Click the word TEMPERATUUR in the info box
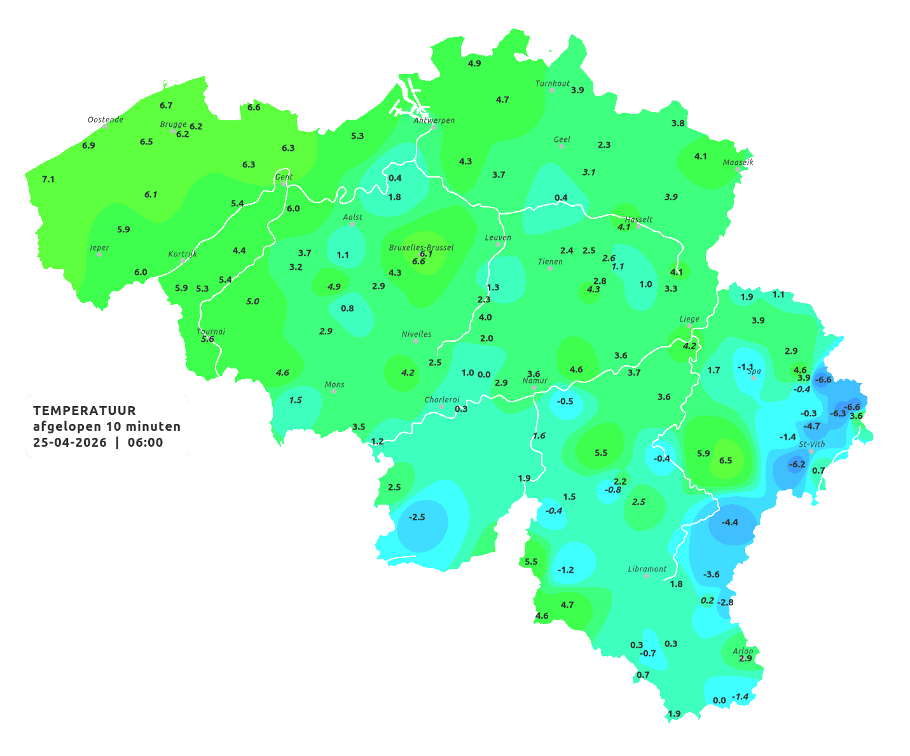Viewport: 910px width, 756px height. tap(85, 410)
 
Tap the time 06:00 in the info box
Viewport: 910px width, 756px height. tap(145, 442)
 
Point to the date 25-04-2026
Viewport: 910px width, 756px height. tap(70, 442)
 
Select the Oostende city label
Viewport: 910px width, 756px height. tap(105, 120)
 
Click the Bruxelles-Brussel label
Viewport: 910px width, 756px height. tap(421, 247)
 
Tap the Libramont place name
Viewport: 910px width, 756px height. tap(647, 569)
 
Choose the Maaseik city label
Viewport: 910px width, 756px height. tap(738, 162)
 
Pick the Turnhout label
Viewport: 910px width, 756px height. tap(553, 83)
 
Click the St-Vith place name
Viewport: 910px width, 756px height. tap(812, 444)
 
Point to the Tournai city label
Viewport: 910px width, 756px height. tap(211, 332)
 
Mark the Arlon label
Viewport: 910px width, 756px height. tap(743, 651)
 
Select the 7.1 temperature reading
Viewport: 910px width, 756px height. tap(48, 179)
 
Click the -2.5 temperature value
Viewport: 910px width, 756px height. tap(417, 517)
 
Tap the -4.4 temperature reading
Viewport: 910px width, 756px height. tap(729, 522)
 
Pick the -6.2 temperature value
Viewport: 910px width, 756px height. tap(796, 464)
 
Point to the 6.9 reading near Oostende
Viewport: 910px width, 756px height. tap(88, 145)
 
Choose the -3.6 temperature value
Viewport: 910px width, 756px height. tap(711, 574)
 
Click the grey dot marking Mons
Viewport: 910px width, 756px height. tap(334, 391)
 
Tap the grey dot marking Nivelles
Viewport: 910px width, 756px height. tap(416, 340)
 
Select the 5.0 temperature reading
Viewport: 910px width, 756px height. tap(252, 301)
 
